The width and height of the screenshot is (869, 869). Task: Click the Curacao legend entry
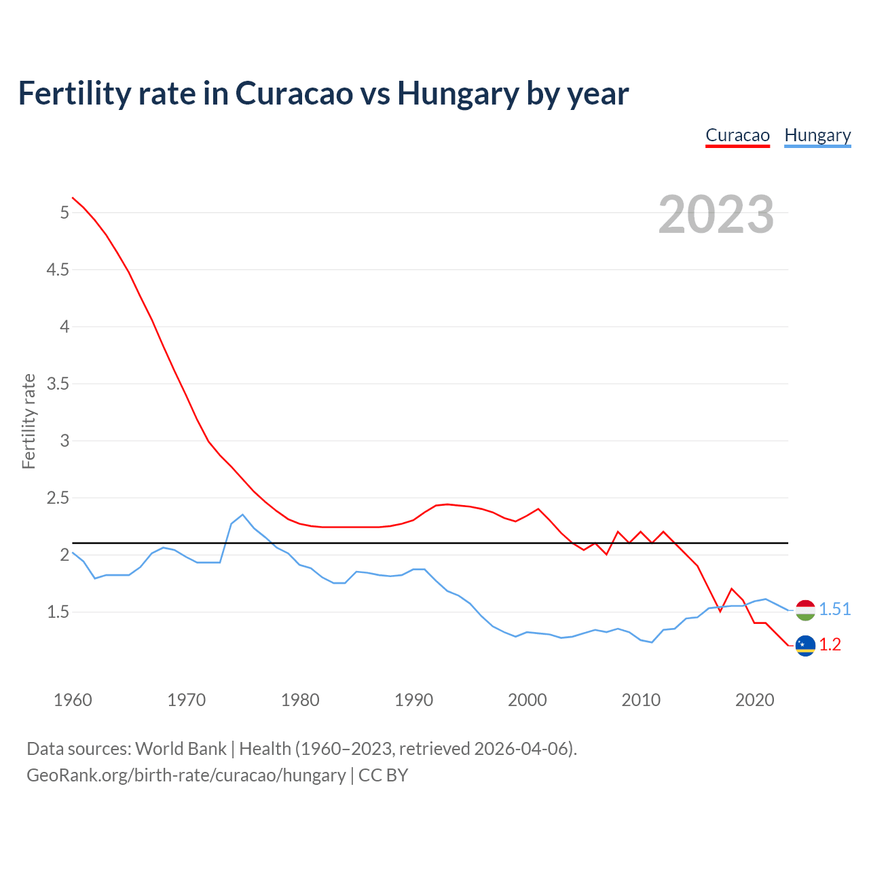point(737,135)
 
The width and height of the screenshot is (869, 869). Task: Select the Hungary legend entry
point(817,135)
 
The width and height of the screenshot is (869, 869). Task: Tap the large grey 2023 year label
point(716,215)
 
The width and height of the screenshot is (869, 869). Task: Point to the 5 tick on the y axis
point(64,213)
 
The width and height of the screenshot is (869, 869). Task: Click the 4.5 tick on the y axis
point(58,270)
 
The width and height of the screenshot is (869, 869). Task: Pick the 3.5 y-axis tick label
point(58,384)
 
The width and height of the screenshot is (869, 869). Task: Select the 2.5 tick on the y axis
point(58,498)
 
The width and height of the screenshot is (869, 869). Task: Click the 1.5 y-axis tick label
point(58,612)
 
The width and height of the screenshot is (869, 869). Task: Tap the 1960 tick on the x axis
point(73,700)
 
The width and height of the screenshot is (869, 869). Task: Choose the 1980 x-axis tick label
point(300,700)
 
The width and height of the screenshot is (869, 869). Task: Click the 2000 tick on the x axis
point(527,700)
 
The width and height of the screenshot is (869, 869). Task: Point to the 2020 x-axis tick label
point(754,700)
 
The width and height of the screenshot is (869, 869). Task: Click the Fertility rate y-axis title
point(29,421)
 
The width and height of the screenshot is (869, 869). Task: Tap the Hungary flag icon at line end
point(805,610)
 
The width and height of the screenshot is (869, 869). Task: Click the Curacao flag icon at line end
point(805,646)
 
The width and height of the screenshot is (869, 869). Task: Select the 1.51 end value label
point(835,610)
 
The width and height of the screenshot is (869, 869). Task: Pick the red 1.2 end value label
point(830,645)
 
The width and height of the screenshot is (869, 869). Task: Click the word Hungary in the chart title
point(458,94)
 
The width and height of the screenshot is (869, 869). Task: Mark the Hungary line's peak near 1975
point(242,515)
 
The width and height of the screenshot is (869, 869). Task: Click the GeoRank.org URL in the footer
point(186,775)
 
